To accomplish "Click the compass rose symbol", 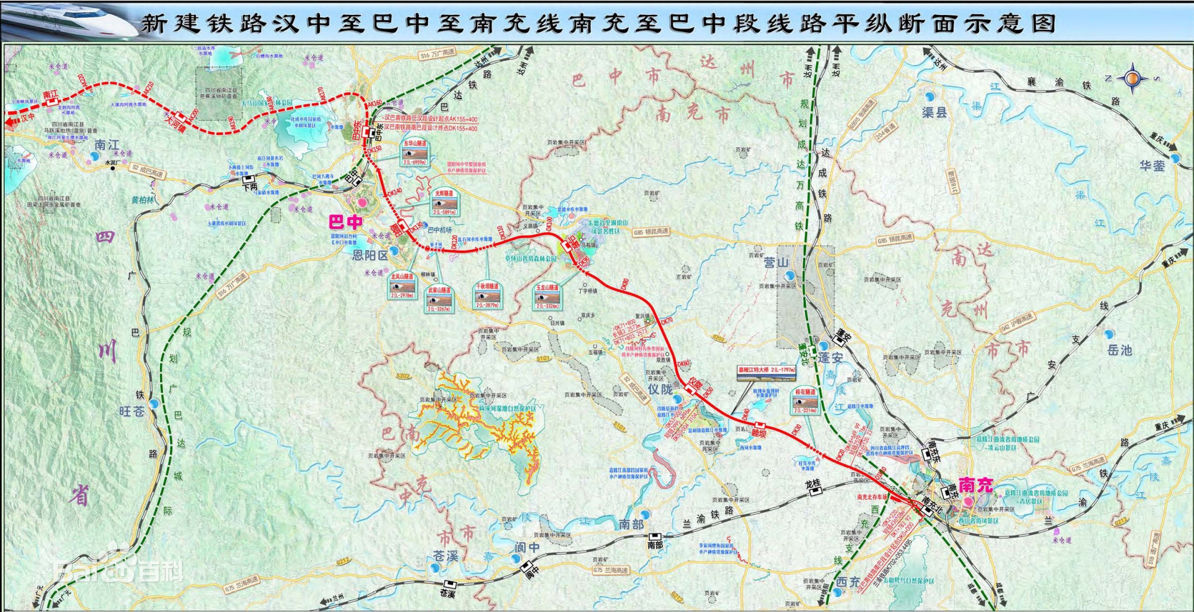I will [x=1133, y=78].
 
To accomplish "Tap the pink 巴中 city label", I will [x=346, y=223].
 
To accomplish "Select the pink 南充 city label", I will [x=975, y=485].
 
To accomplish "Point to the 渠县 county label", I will [x=934, y=112].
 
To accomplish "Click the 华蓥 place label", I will [x=1152, y=166].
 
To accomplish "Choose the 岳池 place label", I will [x=1119, y=350].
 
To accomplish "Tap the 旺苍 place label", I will [x=132, y=411].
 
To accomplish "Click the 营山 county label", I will [x=776, y=262].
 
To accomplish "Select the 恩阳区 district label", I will [x=370, y=256].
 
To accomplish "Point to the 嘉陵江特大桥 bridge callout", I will [x=767, y=370].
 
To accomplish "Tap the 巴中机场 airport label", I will [x=440, y=230].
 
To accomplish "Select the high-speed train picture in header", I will [x=69, y=21].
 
